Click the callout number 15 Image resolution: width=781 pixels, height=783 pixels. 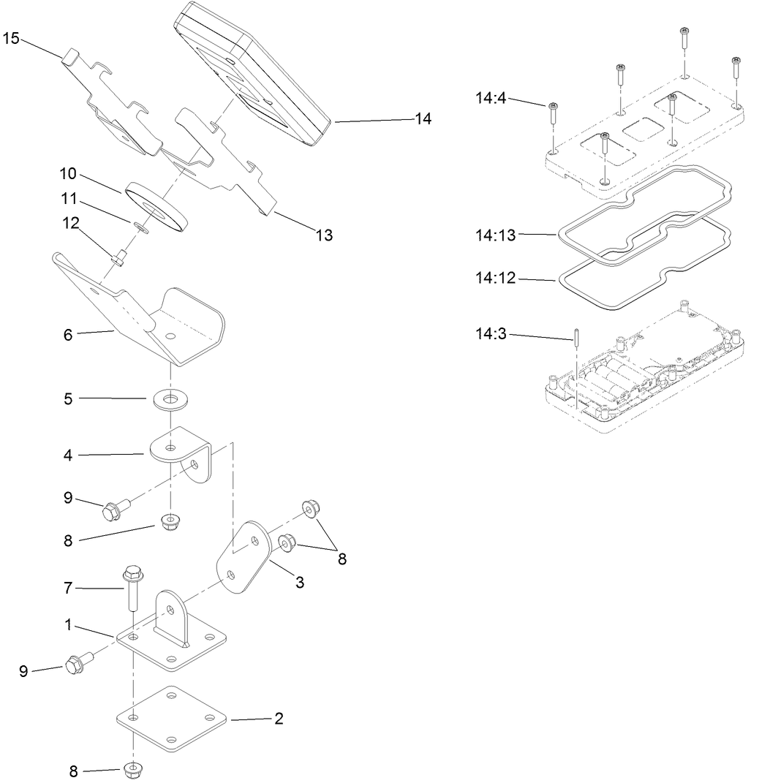(x=11, y=38)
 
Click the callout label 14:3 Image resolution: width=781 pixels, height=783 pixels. (x=490, y=334)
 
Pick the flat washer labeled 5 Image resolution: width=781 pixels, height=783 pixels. (x=170, y=399)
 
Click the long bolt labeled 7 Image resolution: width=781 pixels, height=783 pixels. (x=132, y=589)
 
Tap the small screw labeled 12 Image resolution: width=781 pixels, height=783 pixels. (x=119, y=256)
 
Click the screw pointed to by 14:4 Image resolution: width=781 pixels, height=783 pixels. (x=553, y=113)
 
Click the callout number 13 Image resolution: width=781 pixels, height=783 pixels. (x=324, y=235)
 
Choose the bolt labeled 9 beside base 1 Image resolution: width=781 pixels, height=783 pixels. (x=76, y=664)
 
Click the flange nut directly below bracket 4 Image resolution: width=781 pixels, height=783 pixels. (x=170, y=525)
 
